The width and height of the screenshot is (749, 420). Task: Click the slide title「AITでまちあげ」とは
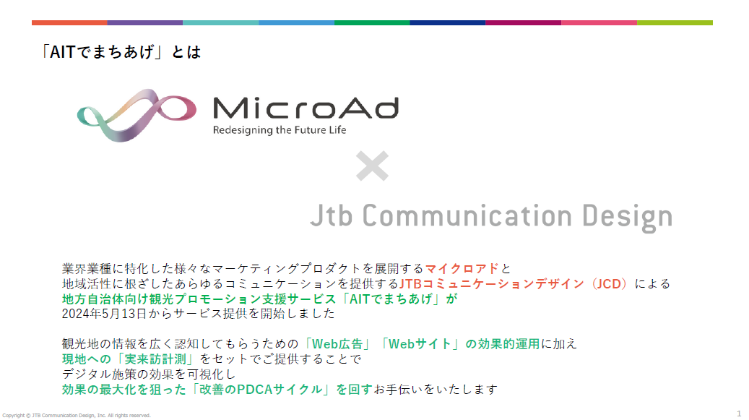click(x=121, y=51)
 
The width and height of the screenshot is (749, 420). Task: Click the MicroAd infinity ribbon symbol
click(x=137, y=115)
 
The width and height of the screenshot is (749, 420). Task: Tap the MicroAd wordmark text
click(x=306, y=108)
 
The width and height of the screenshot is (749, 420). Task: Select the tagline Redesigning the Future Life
click(x=280, y=130)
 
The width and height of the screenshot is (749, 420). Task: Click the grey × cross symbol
click(x=372, y=166)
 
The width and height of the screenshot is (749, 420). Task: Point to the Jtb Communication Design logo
click(x=491, y=217)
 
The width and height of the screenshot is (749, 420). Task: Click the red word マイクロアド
click(x=462, y=268)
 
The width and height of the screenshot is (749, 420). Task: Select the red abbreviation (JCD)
click(x=609, y=284)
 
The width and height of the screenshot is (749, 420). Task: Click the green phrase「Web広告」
click(x=337, y=344)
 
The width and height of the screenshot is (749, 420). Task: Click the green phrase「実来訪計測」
click(x=155, y=359)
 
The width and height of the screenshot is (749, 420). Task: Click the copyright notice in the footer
click(x=77, y=415)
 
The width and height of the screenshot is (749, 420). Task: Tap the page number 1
click(x=739, y=413)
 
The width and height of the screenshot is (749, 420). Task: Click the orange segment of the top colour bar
click(x=69, y=22)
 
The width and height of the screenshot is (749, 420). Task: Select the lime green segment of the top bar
click(x=675, y=22)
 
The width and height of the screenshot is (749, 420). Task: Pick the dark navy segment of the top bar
click(x=448, y=22)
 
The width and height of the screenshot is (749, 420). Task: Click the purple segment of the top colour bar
click(x=144, y=22)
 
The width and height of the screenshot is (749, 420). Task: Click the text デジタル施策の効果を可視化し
click(x=149, y=374)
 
